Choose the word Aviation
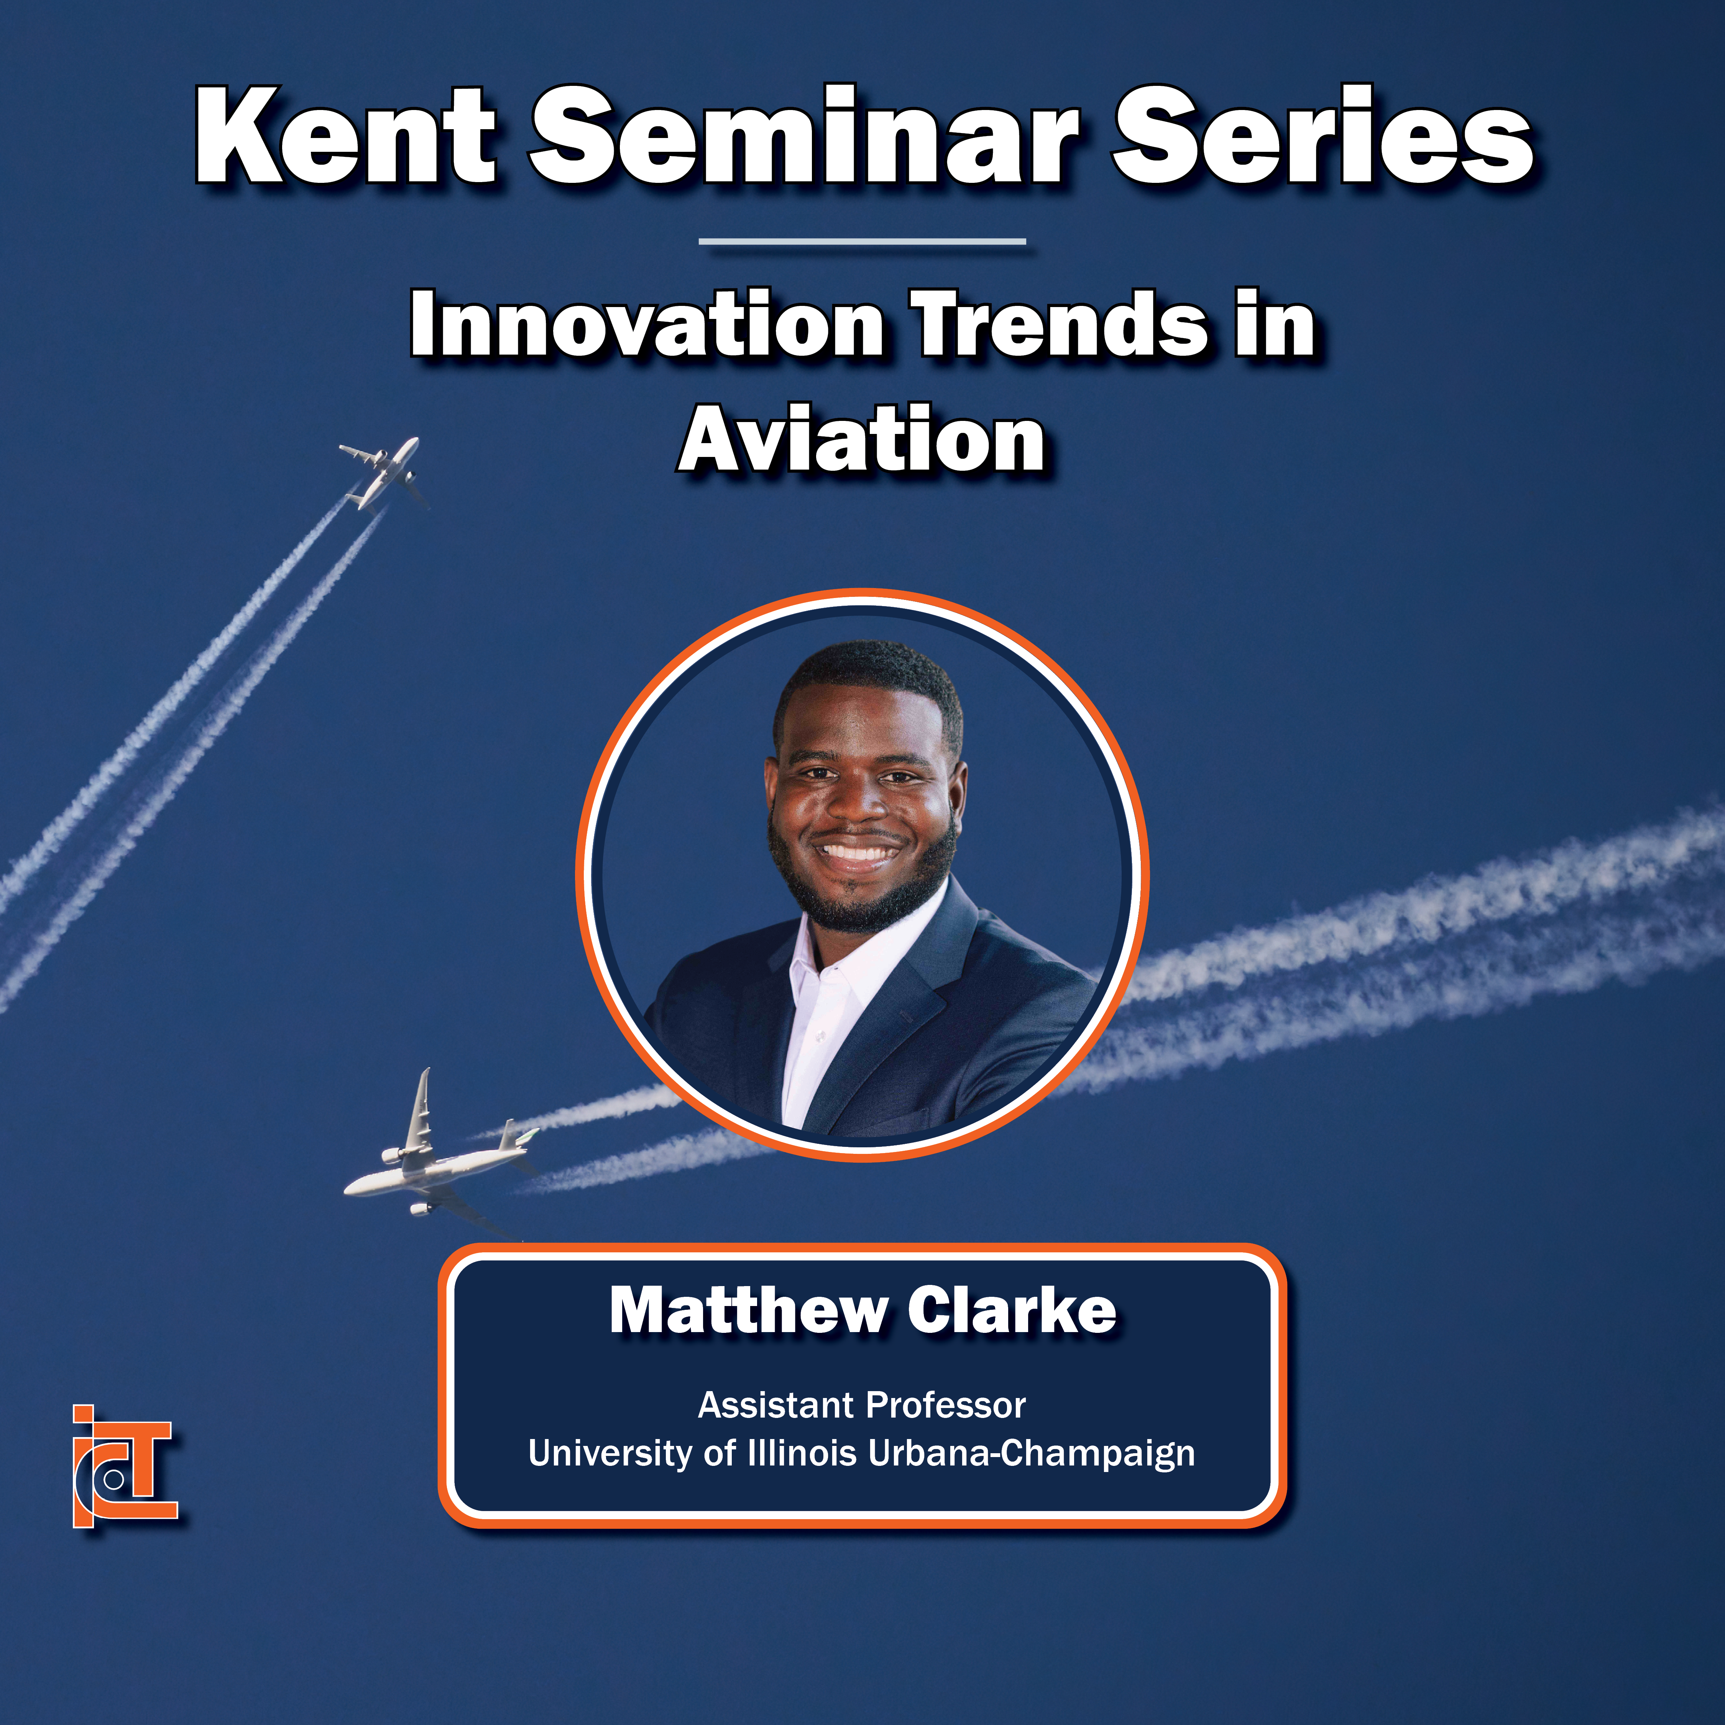click(x=862, y=439)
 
